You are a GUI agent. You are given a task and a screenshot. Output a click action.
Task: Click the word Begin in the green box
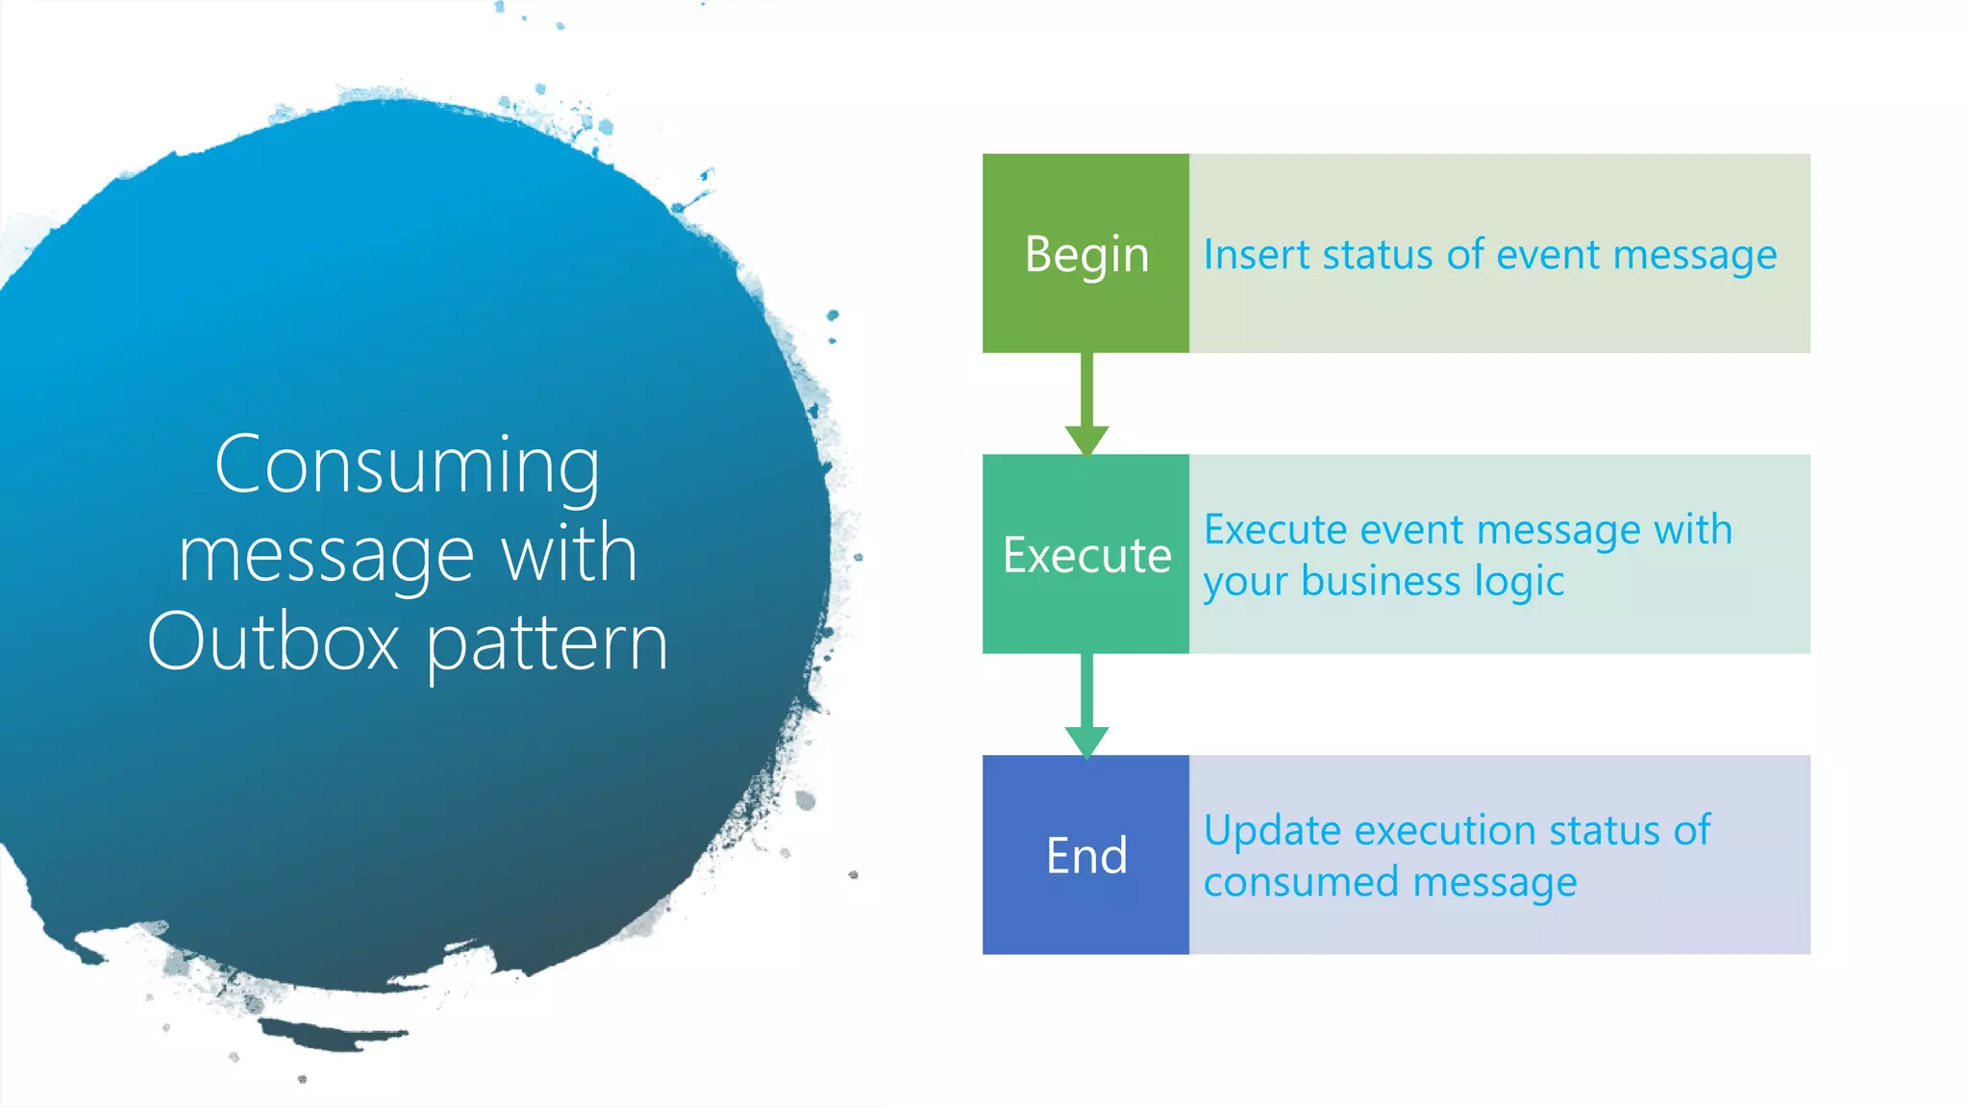[x=1086, y=255]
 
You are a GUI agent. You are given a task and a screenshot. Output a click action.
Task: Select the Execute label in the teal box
[x=1086, y=555]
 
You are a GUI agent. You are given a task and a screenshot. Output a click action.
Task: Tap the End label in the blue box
[x=1086, y=855]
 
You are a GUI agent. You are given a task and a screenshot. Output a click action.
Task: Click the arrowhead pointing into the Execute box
[x=1086, y=441]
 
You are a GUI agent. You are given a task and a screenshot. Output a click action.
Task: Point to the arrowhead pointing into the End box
[x=1086, y=742]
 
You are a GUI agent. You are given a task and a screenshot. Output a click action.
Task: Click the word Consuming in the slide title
[x=407, y=466]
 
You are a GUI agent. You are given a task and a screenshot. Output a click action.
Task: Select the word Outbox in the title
[x=273, y=642]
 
